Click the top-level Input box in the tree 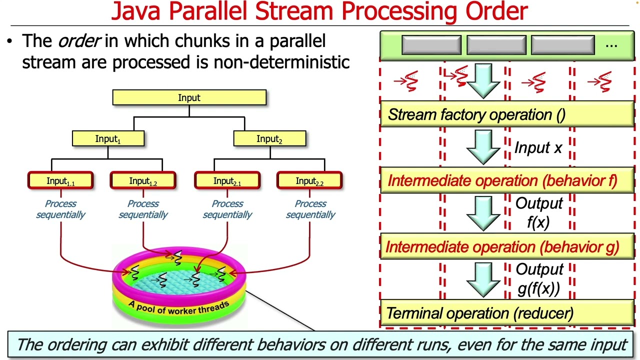pyautogui.click(x=189, y=97)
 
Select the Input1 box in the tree pyautogui.click(x=108, y=138)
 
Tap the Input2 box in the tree pyautogui.click(x=269, y=138)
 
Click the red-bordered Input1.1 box pyautogui.click(x=60, y=180)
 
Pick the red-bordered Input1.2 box pyautogui.click(x=143, y=180)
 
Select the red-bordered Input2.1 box pyautogui.click(x=227, y=180)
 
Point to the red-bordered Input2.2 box pyautogui.click(x=309, y=180)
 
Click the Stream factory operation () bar pyautogui.click(x=506, y=114)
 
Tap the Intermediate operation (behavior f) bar pyautogui.click(x=506, y=180)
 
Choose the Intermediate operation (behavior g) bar pyautogui.click(x=506, y=247)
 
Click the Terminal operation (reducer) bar pyautogui.click(x=506, y=313)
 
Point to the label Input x pyautogui.click(x=538, y=148)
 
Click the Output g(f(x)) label pyautogui.click(x=539, y=279)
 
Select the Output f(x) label pyautogui.click(x=539, y=213)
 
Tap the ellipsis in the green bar pyautogui.click(x=611, y=45)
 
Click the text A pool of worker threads pyautogui.click(x=178, y=307)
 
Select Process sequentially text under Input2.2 pyautogui.click(x=310, y=209)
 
